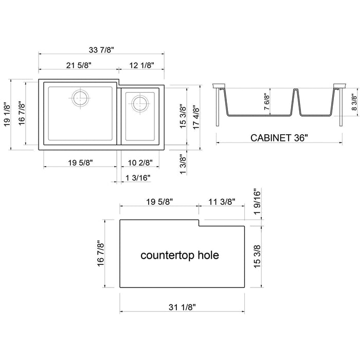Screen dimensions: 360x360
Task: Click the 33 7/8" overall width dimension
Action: (x=101, y=49)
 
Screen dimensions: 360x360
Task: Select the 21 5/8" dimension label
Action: (x=79, y=66)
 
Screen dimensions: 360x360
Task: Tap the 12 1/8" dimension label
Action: (x=141, y=66)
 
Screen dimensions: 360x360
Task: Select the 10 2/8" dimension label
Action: (x=139, y=163)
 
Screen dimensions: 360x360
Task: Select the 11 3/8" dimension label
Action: (x=222, y=202)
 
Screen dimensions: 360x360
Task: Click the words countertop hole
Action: (x=179, y=255)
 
